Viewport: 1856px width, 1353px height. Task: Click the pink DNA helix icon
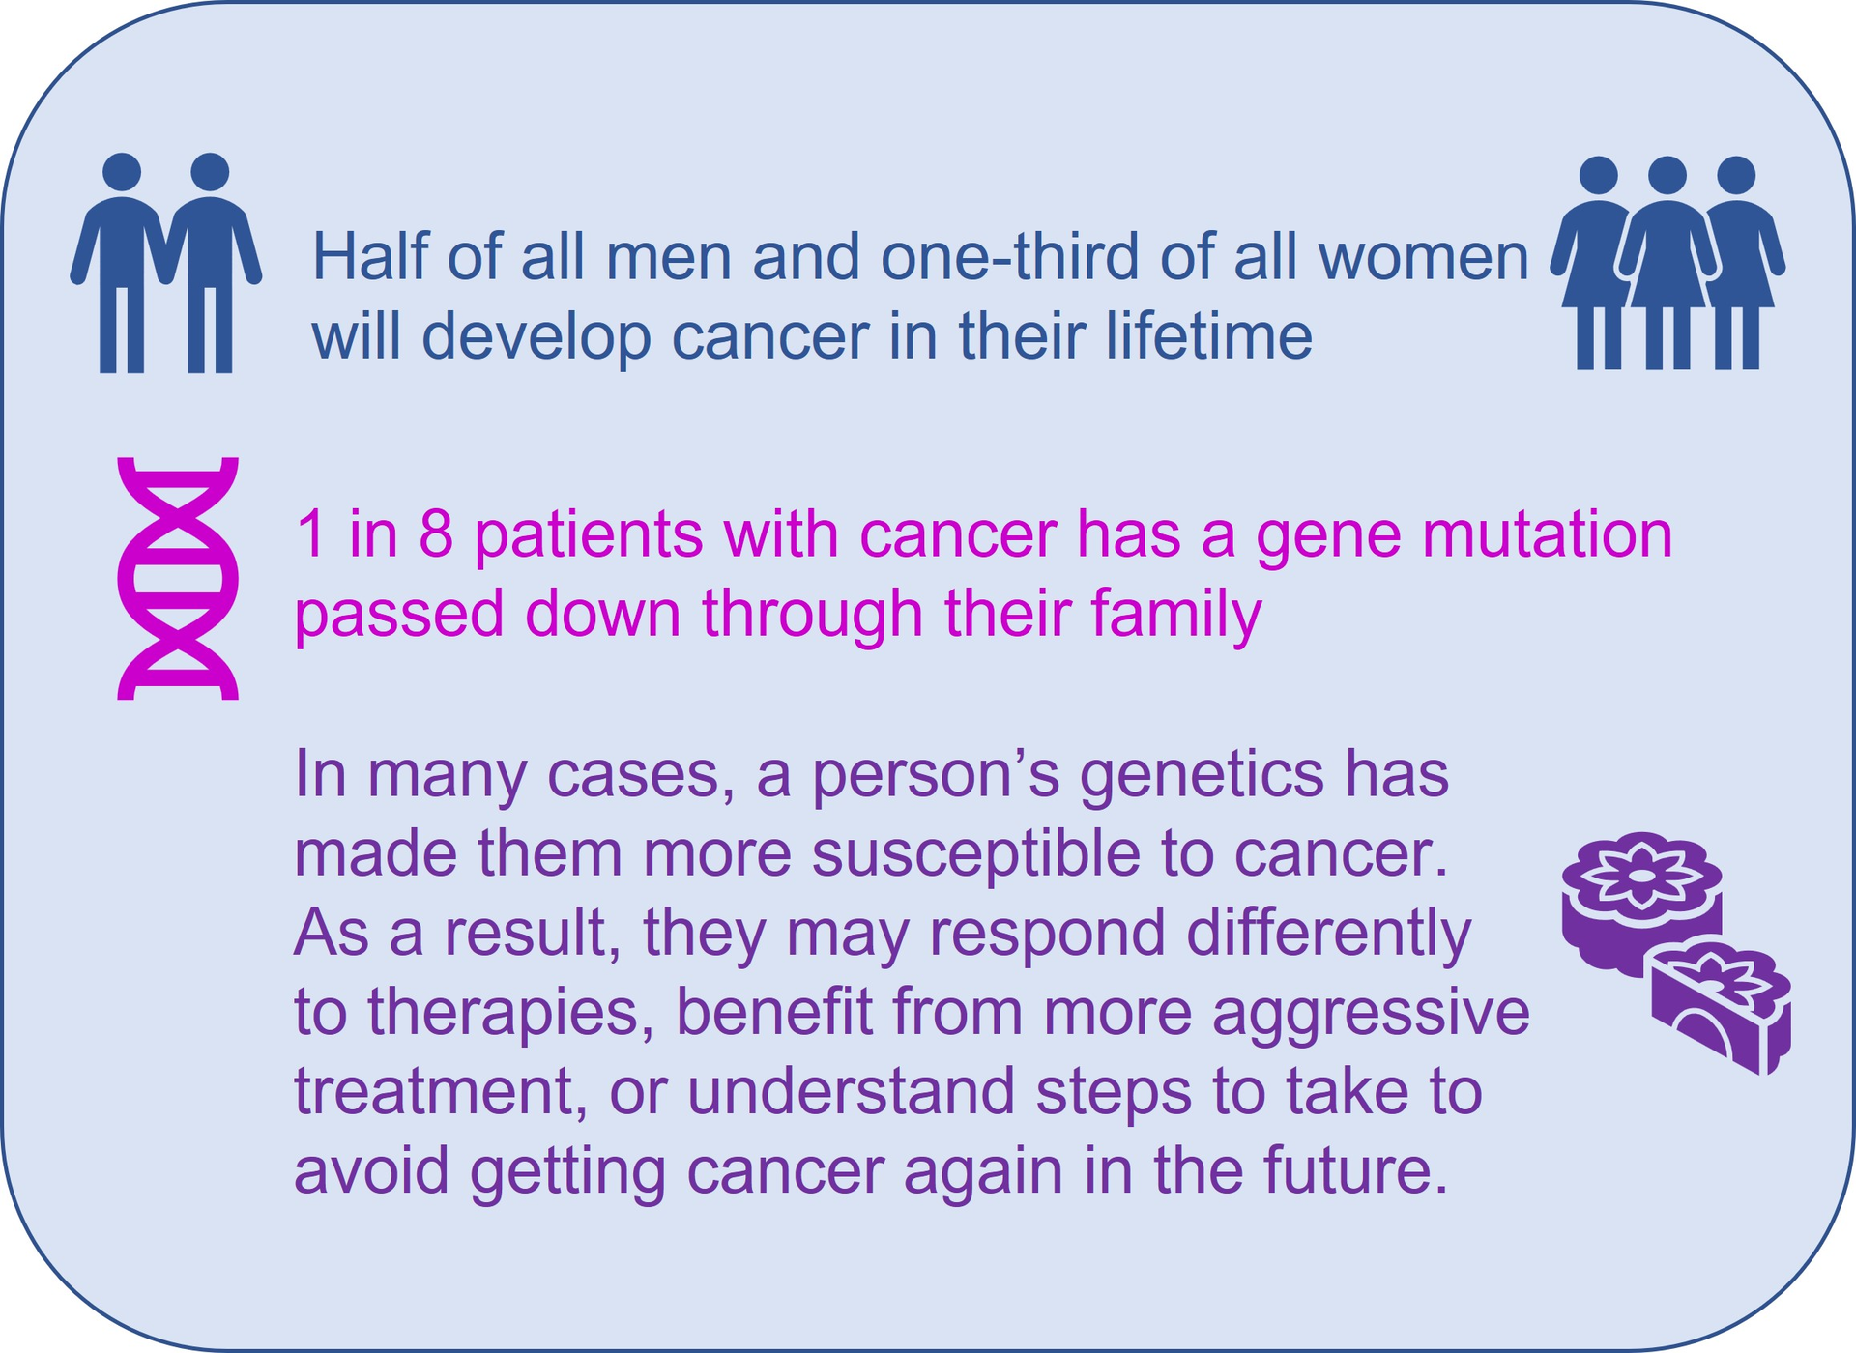(x=178, y=578)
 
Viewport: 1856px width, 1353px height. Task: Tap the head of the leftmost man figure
(x=122, y=172)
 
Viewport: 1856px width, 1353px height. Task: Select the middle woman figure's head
(x=1667, y=176)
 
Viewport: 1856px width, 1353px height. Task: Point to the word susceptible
(x=976, y=854)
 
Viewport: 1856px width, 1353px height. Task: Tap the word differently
(x=1328, y=934)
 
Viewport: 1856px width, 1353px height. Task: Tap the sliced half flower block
(x=1722, y=1007)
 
